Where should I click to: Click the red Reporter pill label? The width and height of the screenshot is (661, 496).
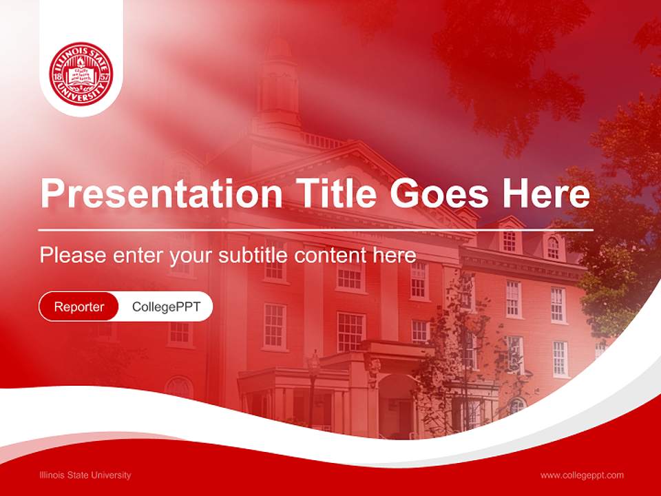(x=79, y=307)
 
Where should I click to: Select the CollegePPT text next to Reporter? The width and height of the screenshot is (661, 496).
(x=166, y=307)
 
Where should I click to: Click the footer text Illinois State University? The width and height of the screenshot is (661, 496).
(x=85, y=475)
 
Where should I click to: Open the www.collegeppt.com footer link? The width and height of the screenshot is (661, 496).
(x=582, y=475)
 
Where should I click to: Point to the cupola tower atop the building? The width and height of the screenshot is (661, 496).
(x=278, y=83)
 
